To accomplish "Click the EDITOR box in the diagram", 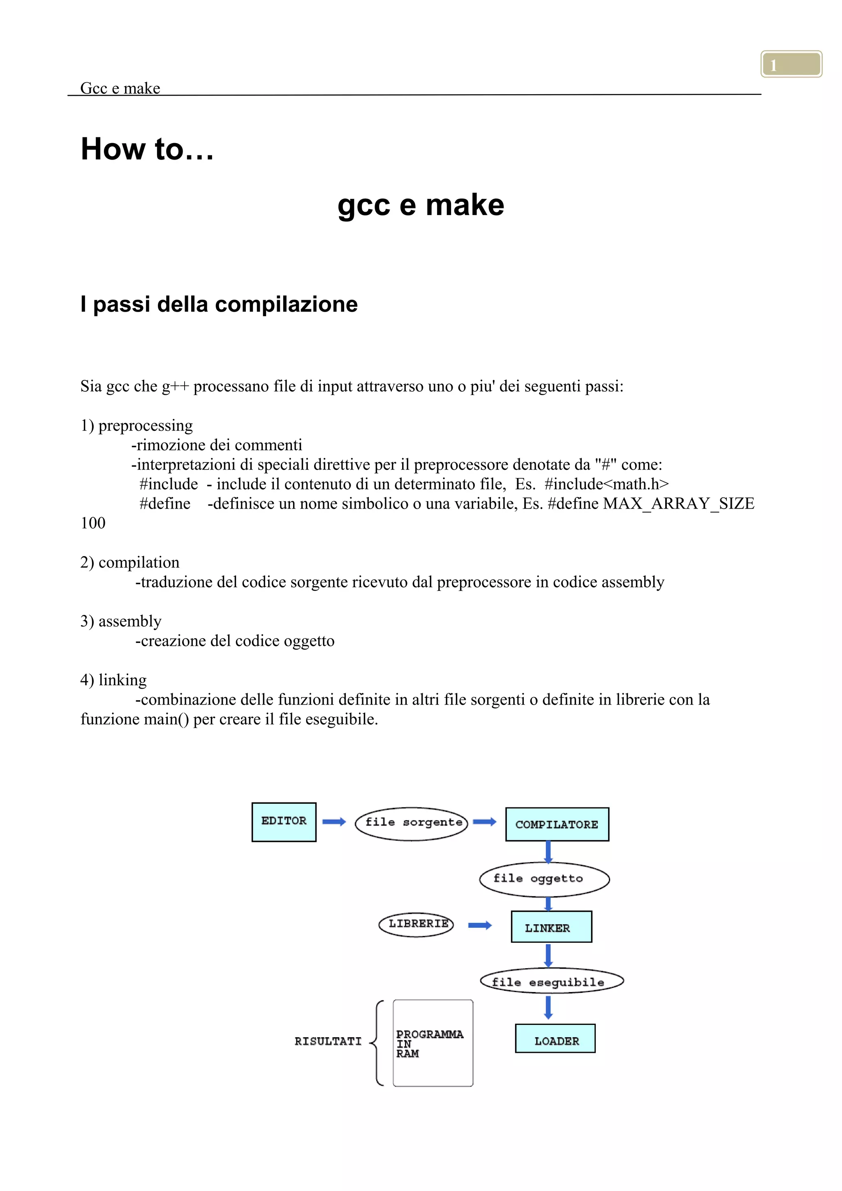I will [x=284, y=822].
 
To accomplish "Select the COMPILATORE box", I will [x=557, y=824].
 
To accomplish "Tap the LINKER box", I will [x=551, y=927].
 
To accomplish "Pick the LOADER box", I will [x=555, y=1038].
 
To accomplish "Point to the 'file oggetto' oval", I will [x=544, y=879].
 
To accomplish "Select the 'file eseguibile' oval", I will [x=551, y=981].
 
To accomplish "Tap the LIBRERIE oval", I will [x=416, y=924].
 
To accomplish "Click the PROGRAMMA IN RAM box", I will [x=433, y=1043].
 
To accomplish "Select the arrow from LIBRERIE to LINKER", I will [x=480, y=925].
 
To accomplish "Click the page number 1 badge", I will [x=791, y=64].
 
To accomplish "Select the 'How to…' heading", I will [x=147, y=149].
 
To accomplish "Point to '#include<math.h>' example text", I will [x=606, y=484].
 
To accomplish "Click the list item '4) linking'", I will [x=113, y=680].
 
